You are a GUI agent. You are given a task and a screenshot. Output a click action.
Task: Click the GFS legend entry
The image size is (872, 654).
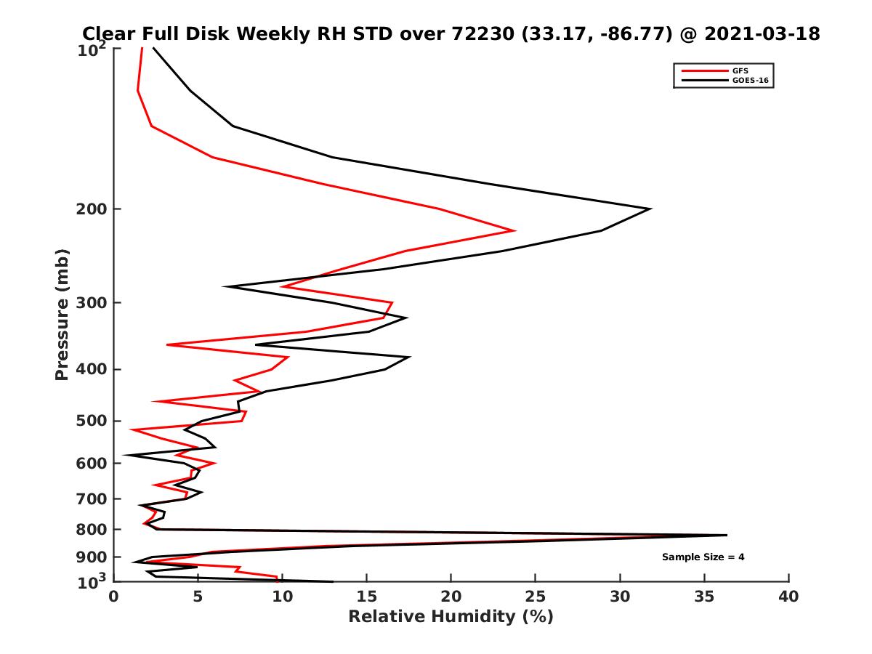pos(740,70)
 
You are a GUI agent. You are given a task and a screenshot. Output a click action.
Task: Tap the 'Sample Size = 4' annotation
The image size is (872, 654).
pos(703,557)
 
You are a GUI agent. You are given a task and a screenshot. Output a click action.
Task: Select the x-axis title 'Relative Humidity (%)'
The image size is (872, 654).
pos(451,617)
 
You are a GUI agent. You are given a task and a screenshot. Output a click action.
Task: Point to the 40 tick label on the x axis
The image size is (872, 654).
pos(788,597)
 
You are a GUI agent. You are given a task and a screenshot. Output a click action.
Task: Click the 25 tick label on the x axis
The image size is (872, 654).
pos(536,597)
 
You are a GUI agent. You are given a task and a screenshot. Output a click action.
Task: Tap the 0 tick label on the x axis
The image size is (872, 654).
pos(114,597)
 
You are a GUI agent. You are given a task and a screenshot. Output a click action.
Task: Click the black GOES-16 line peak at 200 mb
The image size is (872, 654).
pos(650,209)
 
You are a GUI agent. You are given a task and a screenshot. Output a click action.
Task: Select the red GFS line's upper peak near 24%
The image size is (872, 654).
pos(515,231)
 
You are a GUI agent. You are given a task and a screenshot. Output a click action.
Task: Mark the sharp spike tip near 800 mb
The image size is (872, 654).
pos(726,535)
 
